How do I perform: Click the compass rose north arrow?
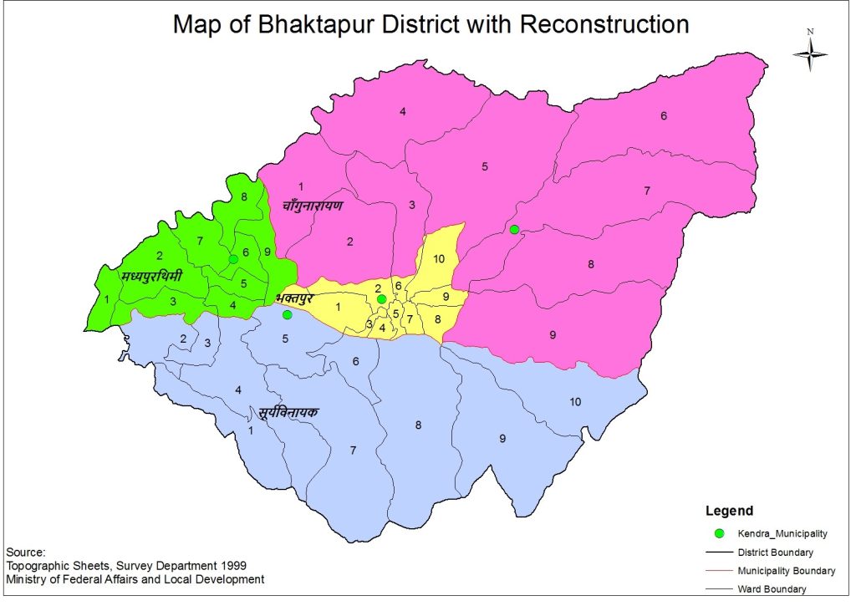(x=810, y=53)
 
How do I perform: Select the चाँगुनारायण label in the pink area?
(x=313, y=205)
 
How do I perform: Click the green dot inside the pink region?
(x=514, y=230)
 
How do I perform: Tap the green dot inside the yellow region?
(x=381, y=299)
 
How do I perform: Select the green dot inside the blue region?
(x=287, y=315)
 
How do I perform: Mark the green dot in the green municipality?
(x=233, y=259)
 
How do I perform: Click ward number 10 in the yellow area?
(x=439, y=258)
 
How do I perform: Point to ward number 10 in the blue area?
(x=575, y=402)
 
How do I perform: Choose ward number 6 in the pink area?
(x=664, y=116)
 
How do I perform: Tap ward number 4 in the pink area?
(x=402, y=112)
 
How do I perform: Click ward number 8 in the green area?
(x=243, y=196)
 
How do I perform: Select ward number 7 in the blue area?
(x=353, y=451)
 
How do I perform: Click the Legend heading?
(x=729, y=511)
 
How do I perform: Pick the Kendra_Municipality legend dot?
(x=718, y=532)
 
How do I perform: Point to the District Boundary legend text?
(x=775, y=553)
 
